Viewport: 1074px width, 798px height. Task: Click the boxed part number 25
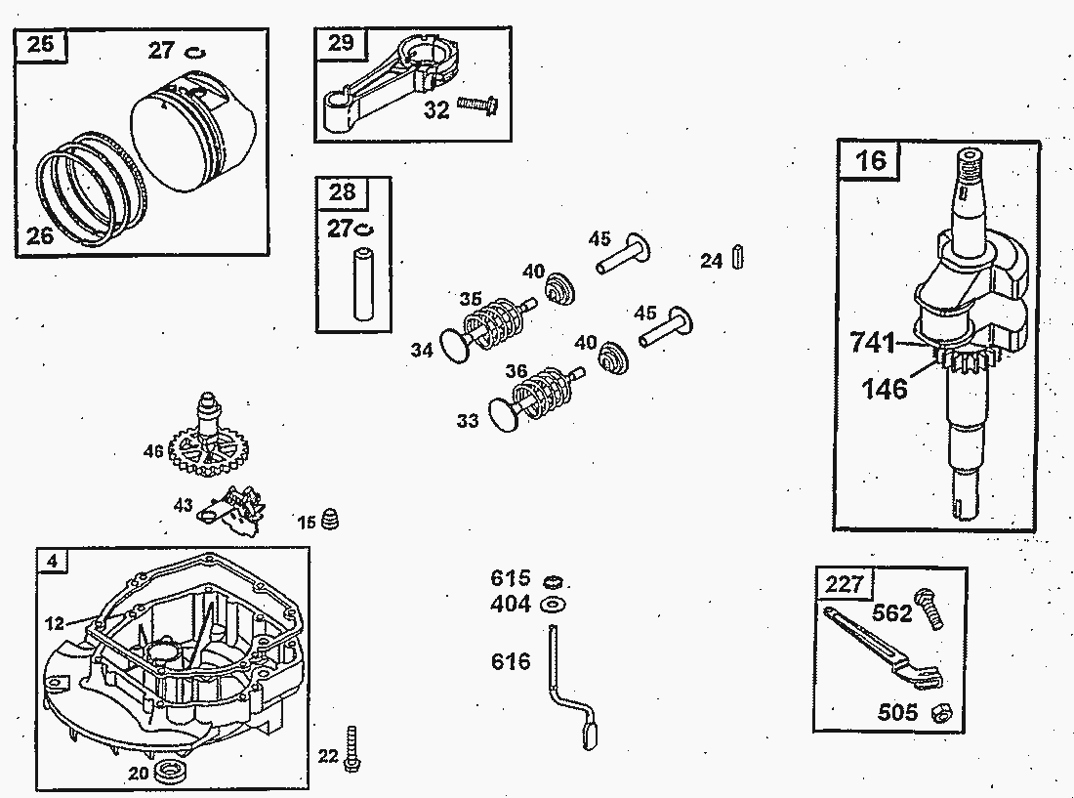pos(41,45)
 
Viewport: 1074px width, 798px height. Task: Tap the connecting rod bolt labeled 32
pos(479,103)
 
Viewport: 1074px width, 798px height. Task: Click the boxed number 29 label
pos(341,43)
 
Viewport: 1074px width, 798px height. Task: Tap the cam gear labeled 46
pos(208,448)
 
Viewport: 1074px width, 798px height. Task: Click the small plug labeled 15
pos(332,519)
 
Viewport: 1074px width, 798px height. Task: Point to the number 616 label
pos(511,662)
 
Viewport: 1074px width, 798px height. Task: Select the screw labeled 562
pos(929,609)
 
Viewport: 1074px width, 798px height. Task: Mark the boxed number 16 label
pos(870,158)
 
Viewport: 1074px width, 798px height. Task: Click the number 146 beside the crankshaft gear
pos(885,389)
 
